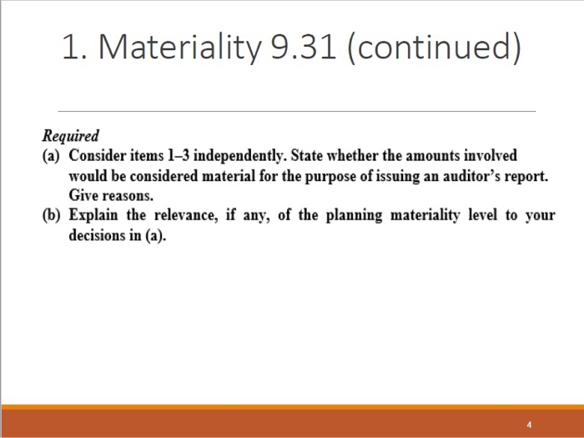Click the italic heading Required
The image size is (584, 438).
tap(70, 135)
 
